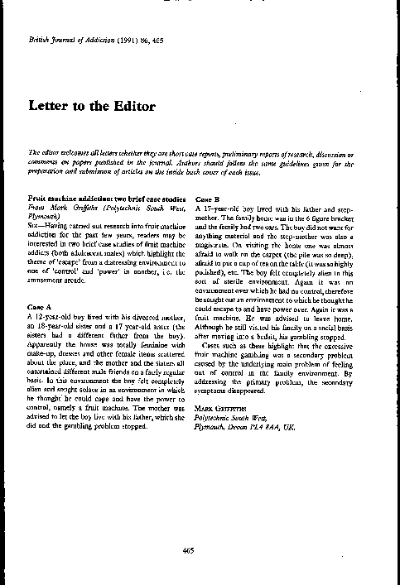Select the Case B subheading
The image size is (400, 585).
pyautogui.click(x=207, y=199)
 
